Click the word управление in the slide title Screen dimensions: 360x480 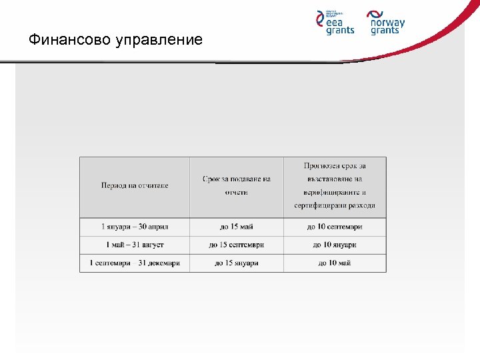click(159, 41)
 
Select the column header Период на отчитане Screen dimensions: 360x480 click(135, 185)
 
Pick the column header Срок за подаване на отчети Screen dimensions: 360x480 click(237, 185)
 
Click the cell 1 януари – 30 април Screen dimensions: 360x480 click(135, 227)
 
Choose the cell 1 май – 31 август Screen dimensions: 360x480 click(135, 245)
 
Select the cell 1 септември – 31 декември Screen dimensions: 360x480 click(135, 263)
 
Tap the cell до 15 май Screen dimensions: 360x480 click(237, 227)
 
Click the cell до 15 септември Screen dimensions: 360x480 click(237, 245)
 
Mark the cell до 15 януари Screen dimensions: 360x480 click(237, 263)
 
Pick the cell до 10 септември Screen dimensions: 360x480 click(335, 227)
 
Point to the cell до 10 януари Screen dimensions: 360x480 click(335, 245)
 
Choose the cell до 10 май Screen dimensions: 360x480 click(335, 263)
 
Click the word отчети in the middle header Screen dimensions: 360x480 click(237, 192)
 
